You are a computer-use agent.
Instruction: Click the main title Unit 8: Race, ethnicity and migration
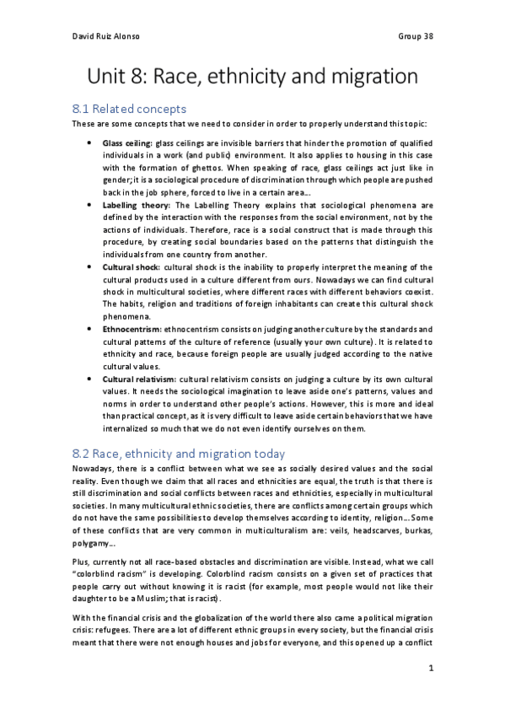coord(253,78)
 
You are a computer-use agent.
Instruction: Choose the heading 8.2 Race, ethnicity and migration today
coord(179,454)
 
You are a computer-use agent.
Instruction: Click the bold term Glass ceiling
coord(126,143)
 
